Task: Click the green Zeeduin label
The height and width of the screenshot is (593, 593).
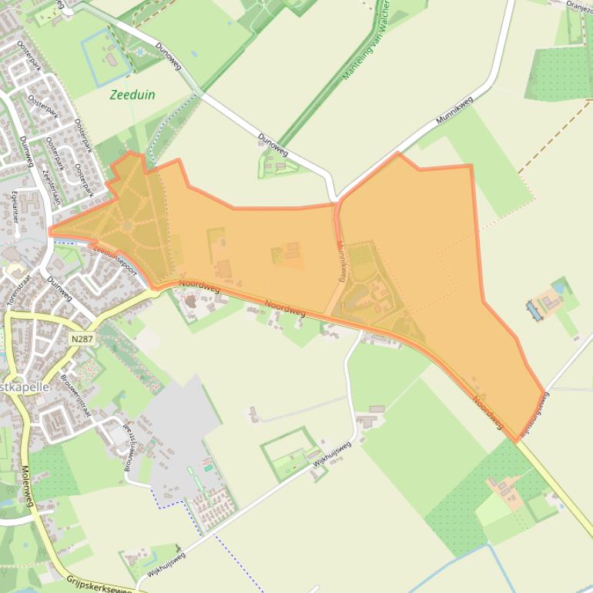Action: pos(132,95)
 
